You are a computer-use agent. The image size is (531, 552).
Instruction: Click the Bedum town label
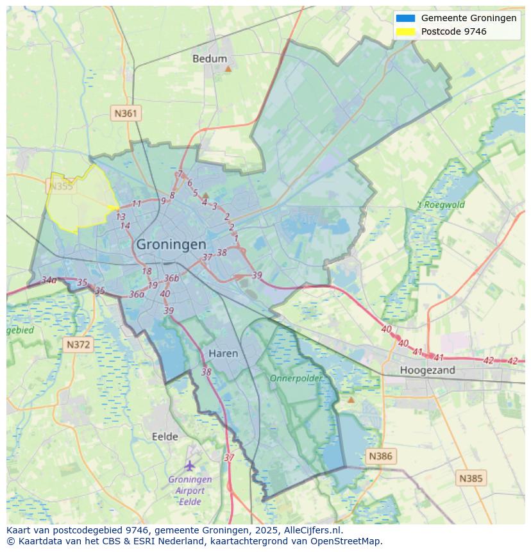[x=210, y=59]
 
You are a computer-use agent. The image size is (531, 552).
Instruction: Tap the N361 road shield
[x=126, y=113]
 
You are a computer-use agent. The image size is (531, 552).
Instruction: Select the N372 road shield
[x=79, y=345]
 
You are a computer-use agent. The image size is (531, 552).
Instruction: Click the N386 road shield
[x=380, y=456]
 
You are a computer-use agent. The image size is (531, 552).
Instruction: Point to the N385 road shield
[x=471, y=478]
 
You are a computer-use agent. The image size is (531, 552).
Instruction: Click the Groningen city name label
[x=171, y=244]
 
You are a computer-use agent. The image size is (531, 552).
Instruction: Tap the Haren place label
[x=223, y=353]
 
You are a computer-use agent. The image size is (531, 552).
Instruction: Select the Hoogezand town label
[x=427, y=370]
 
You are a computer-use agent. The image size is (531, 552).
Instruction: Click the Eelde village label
[x=165, y=437]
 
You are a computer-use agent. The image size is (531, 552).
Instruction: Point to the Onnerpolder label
[x=296, y=378]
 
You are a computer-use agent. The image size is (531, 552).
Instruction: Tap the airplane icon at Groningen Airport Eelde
[x=190, y=465]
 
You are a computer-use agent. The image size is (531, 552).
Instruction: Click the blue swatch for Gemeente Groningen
[x=405, y=18]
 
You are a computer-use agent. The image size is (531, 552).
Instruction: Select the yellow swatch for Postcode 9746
[x=405, y=31]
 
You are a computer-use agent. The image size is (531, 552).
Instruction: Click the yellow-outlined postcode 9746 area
[x=77, y=202]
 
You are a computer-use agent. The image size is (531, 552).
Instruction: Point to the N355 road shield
[x=60, y=187]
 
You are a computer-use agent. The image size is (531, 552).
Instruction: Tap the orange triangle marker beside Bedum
[x=228, y=67]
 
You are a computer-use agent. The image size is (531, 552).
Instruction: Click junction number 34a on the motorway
[x=49, y=280]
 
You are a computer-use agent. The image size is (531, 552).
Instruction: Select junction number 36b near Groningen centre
[x=171, y=278]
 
